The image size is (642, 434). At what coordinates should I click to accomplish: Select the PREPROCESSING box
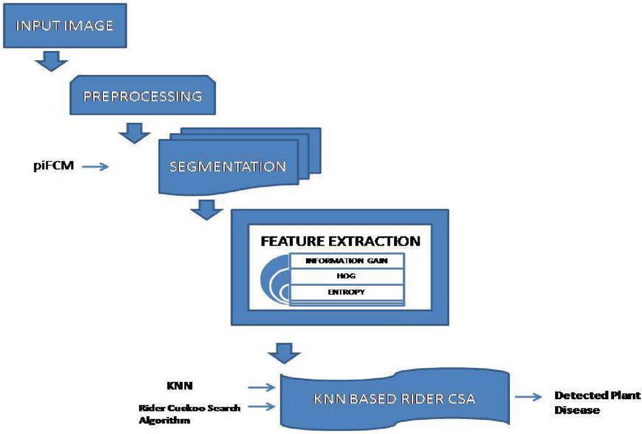[143, 96]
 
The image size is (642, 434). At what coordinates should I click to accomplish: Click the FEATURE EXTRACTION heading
[340, 240]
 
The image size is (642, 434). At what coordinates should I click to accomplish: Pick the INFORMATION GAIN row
[346, 261]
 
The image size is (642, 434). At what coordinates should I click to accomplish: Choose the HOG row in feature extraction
[346, 276]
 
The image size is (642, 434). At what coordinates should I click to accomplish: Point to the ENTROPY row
[346, 292]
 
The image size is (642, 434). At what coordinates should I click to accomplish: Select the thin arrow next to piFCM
[96, 167]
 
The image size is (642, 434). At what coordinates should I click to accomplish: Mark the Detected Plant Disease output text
[597, 402]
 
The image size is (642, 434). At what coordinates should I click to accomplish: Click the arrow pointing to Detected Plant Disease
[532, 398]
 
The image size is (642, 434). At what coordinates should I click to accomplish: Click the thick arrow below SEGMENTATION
[205, 210]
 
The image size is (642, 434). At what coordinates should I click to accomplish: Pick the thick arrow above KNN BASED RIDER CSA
[285, 352]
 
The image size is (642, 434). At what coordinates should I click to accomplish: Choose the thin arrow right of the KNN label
[262, 385]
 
